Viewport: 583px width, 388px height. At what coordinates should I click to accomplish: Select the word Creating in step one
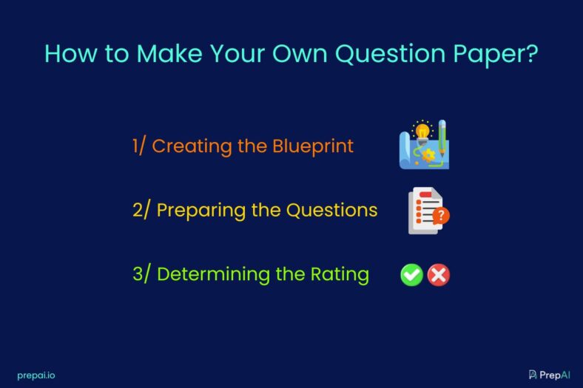(192, 146)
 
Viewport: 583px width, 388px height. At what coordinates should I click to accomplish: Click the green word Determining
(212, 275)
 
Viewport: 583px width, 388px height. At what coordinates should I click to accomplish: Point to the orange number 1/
(139, 146)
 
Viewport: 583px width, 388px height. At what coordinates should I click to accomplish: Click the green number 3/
(141, 275)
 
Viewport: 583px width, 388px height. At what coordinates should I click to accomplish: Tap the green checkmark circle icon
(411, 275)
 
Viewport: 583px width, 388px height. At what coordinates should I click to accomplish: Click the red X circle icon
(439, 275)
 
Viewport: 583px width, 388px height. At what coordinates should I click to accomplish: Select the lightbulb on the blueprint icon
(422, 132)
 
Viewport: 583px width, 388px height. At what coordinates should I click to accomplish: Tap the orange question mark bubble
(442, 217)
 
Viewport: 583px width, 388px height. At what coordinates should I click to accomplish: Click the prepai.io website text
(36, 375)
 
